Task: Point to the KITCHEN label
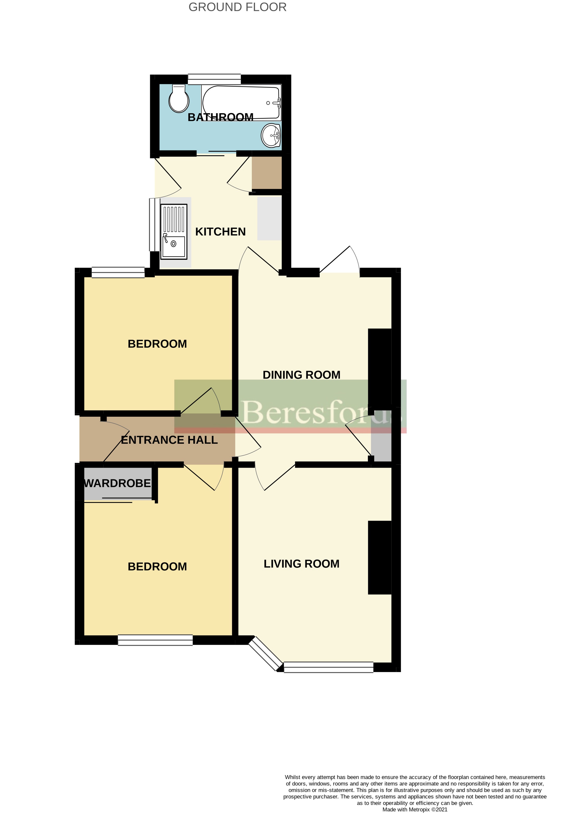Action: click(220, 232)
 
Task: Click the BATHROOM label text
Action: click(220, 117)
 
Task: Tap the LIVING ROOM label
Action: click(301, 564)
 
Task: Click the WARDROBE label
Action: click(117, 483)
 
